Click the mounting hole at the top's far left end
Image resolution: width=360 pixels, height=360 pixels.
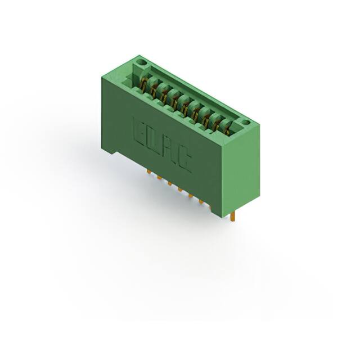click(x=142, y=62)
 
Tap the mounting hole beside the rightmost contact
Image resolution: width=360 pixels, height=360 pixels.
click(x=245, y=121)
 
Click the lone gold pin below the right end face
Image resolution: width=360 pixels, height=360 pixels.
click(x=232, y=216)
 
